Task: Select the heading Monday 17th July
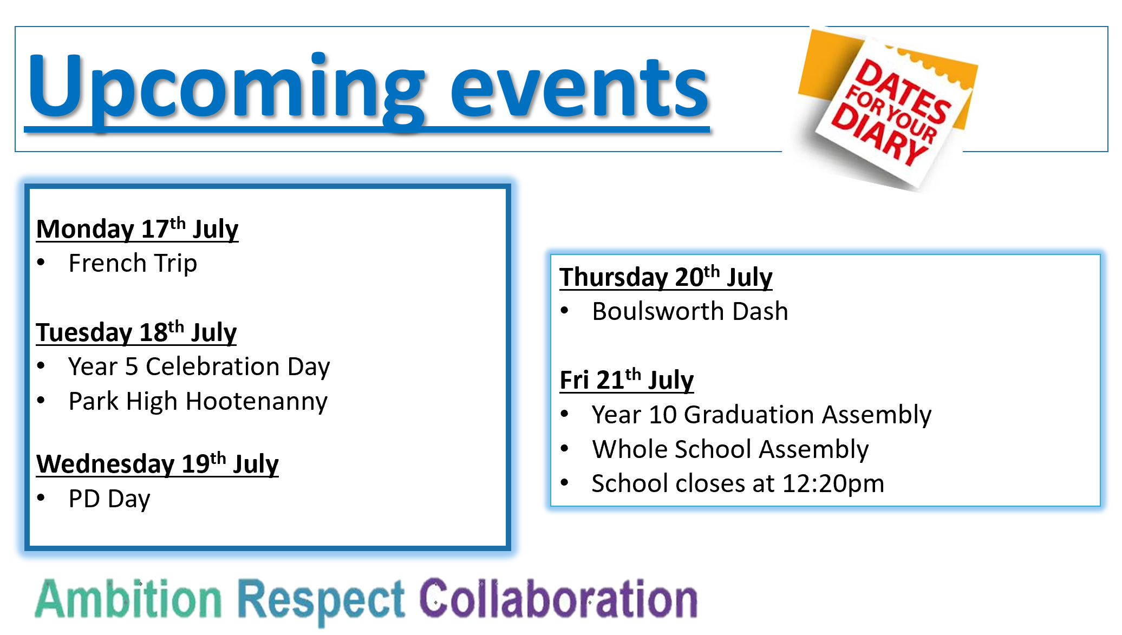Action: point(137,228)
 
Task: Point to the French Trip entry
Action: point(133,264)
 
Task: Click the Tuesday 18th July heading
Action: point(136,332)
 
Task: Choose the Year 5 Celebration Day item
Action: point(199,367)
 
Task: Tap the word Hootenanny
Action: point(256,402)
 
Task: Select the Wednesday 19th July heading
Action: point(157,463)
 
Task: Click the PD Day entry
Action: point(109,499)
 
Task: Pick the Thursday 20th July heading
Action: point(666,277)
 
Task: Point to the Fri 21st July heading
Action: point(627,379)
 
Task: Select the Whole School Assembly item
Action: point(730,450)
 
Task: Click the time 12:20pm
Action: point(833,484)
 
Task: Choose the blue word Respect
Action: point(322,601)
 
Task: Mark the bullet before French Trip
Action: point(41,263)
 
